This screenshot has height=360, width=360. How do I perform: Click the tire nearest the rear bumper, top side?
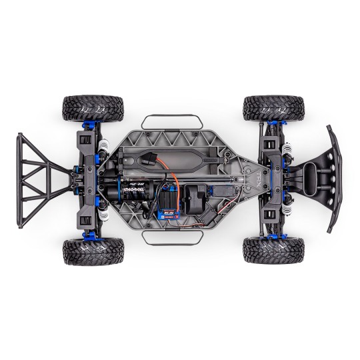[84, 108]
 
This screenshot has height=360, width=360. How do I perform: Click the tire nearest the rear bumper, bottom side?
[84, 251]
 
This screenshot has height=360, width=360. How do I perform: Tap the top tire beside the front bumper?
[273, 108]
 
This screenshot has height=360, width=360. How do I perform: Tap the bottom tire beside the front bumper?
[273, 251]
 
